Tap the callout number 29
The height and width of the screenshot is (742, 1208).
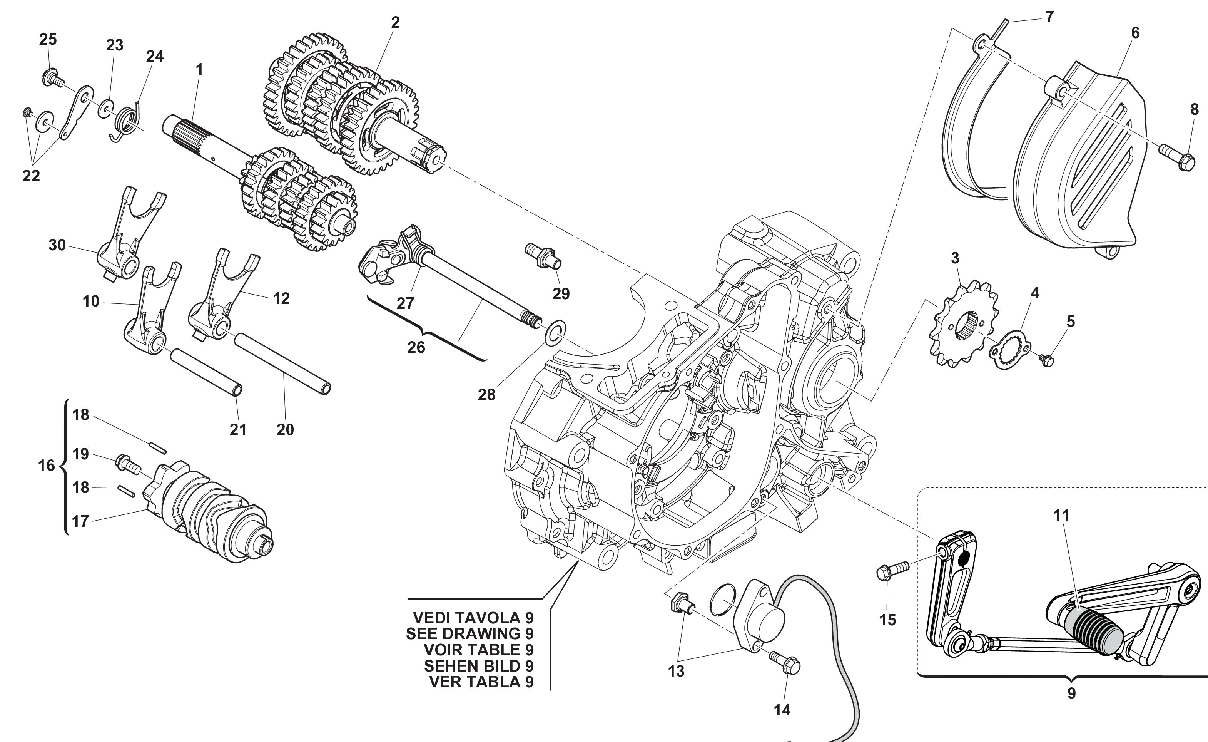point(561,293)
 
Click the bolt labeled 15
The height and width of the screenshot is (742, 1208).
point(892,571)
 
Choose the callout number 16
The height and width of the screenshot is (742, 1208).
point(46,465)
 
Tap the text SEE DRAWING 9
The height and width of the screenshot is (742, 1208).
point(469,633)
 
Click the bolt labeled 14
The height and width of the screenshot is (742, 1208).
point(785,663)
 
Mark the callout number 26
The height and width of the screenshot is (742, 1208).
point(416,347)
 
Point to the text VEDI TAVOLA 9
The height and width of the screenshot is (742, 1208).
point(473,617)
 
